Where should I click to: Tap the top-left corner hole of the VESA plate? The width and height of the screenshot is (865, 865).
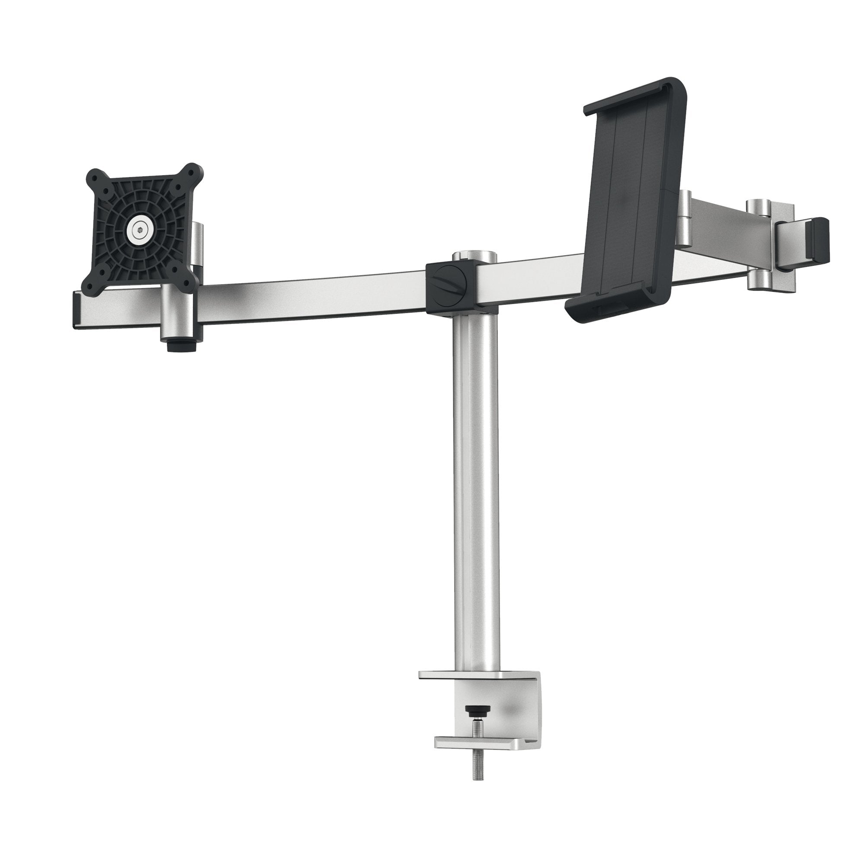click(94, 176)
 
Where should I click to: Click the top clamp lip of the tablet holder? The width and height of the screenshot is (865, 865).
click(636, 92)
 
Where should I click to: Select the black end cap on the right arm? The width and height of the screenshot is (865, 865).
click(817, 240)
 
